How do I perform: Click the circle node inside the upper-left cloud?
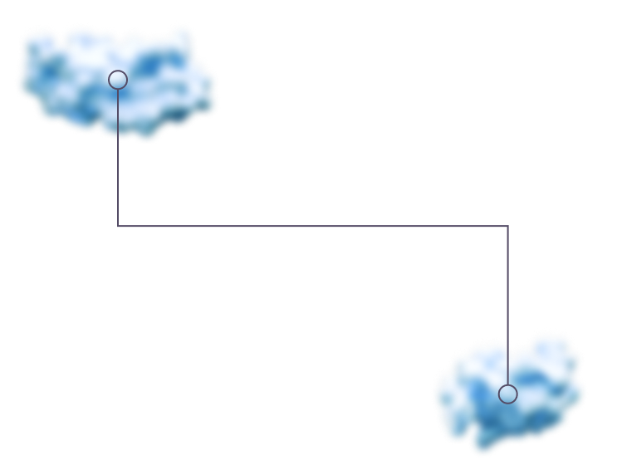118,80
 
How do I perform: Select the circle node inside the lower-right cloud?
507,394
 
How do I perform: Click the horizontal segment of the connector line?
249,226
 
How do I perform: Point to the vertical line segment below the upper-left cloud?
118,183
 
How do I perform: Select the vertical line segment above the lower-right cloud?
507,282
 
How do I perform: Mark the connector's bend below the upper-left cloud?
118,226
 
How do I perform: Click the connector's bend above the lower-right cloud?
507,226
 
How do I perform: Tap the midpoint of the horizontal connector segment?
312,226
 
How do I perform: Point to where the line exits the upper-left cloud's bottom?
118,138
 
